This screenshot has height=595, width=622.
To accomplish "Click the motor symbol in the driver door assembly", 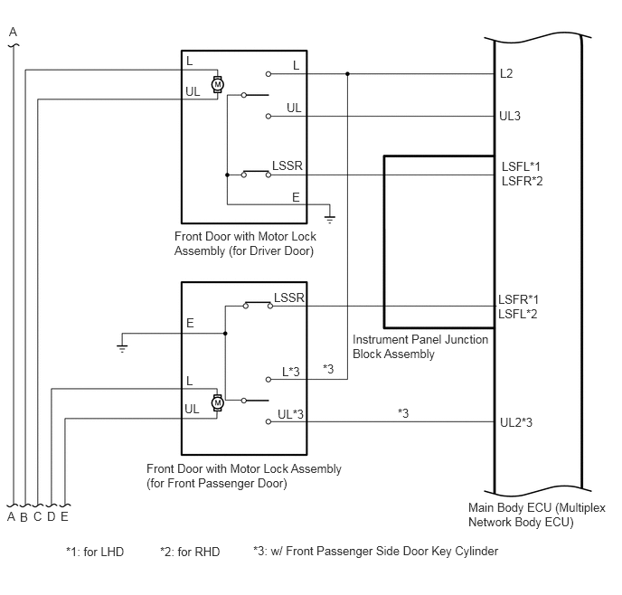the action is coord(217,84).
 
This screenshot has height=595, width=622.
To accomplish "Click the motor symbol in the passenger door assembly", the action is coord(217,403).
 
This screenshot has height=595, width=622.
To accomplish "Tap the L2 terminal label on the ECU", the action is coord(506,73).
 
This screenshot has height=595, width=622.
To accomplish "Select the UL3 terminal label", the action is coord(510,116).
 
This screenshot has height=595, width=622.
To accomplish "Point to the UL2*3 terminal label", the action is coord(516,422).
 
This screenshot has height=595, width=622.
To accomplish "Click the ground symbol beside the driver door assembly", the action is coord(330,219).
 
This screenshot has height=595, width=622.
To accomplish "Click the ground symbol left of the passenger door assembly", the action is coord(122,348).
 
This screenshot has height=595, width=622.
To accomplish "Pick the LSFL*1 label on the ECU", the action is coord(521,166).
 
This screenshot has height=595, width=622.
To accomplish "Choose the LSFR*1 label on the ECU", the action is coord(518,299).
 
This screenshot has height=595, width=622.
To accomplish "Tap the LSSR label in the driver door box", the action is coord(287,165).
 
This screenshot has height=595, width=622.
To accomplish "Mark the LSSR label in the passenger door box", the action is coord(289,297).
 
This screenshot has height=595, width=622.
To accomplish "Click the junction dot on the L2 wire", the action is coord(347,74).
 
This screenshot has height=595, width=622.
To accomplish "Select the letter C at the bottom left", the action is coord(38,517).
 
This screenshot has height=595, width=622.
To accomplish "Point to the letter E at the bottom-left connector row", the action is coord(64,516).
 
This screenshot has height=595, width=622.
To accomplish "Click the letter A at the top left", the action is coord(13,32).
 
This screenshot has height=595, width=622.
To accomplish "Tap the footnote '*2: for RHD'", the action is coord(190,552).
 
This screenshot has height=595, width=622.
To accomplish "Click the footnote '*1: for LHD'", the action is coord(95,552).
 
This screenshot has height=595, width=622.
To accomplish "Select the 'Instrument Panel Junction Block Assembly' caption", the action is coord(420,346).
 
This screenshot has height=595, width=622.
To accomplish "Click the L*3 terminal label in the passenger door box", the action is coord(291,372).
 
